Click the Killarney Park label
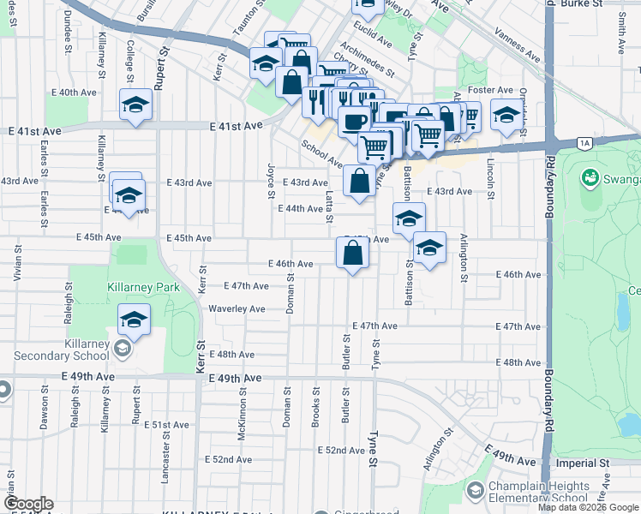[143, 287]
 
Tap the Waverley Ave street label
[237, 308]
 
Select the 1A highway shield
[585, 143]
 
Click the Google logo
[27, 505]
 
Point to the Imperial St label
[582, 463]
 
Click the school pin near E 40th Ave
[135, 105]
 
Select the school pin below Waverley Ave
[134, 320]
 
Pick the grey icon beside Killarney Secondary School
[123, 348]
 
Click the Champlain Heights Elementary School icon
[474, 491]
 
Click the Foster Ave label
[491, 90]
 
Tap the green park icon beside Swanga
[589, 178]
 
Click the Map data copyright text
[588, 507]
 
